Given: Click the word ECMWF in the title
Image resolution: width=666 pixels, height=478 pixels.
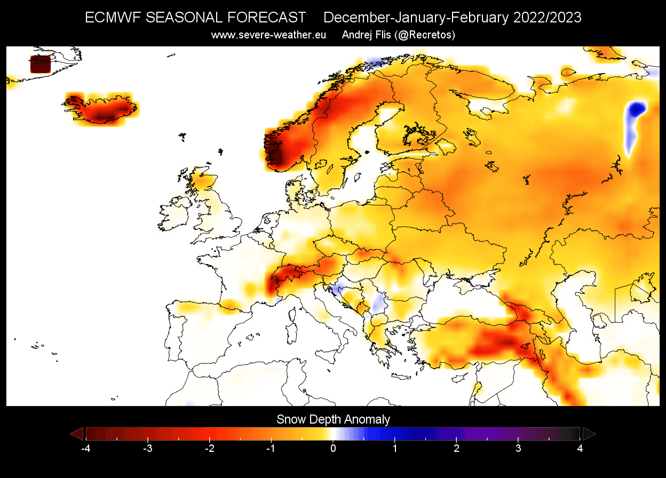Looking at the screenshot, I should click(x=113, y=18).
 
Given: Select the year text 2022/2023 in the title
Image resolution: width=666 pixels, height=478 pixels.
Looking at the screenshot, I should click(x=548, y=18).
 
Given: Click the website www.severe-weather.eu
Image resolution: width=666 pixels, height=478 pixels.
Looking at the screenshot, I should click(x=268, y=35).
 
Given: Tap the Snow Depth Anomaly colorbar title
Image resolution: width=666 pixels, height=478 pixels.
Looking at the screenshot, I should click(x=333, y=419).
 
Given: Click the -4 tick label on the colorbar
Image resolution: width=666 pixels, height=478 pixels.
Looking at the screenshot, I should click(x=85, y=448).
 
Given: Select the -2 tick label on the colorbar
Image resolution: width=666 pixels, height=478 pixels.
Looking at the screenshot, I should click(x=209, y=448).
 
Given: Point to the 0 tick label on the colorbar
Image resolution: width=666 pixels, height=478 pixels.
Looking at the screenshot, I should click(x=333, y=448).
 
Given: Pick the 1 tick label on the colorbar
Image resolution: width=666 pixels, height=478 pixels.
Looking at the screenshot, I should click(x=395, y=448).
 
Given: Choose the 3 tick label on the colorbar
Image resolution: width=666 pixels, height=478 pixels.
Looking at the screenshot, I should click(x=519, y=448).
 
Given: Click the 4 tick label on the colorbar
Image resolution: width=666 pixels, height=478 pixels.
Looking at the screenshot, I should click(x=580, y=448).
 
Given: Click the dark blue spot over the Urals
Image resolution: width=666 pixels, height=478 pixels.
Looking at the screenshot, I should click(x=636, y=110).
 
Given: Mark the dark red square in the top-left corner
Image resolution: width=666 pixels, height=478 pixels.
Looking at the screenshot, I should click(x=40, y=64).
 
